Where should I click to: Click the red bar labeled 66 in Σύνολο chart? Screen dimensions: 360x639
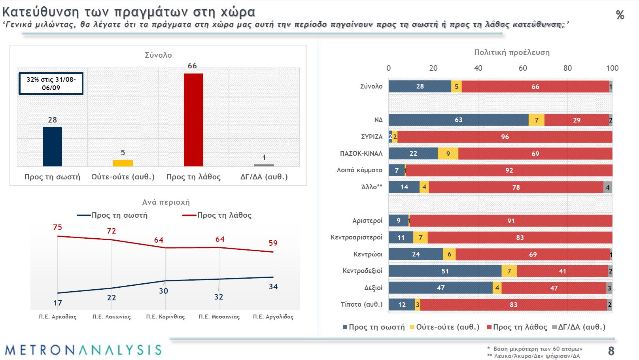point(193,120)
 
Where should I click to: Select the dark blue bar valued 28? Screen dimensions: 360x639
point(52,146)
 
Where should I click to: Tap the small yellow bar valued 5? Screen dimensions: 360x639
point(123,163)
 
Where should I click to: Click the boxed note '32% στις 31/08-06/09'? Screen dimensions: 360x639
point(51,83)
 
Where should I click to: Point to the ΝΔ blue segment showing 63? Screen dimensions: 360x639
point(458,120)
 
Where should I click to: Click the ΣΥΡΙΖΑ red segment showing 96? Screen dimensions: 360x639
point(505,137)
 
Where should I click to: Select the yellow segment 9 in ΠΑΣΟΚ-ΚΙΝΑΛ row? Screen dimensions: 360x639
point(448,154)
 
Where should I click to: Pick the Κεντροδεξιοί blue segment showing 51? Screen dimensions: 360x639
point(445,271)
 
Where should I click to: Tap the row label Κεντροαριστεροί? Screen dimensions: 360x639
point(356,237)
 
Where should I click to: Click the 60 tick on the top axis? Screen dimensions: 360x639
point(523,68)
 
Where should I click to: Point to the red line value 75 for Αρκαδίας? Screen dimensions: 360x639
point(58,227)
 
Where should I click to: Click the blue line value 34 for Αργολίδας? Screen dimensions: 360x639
point(273,286)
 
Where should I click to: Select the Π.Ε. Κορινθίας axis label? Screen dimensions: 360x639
point(165,317)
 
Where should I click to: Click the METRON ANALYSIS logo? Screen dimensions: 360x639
point(83,350)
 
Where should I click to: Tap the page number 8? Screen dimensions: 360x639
point(611,351)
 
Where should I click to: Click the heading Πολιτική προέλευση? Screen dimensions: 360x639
point(512,52)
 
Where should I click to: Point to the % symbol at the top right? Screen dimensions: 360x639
point(620,15)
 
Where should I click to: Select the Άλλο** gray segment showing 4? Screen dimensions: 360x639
point(608,187)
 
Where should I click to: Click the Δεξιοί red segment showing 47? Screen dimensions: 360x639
point(554,288)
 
